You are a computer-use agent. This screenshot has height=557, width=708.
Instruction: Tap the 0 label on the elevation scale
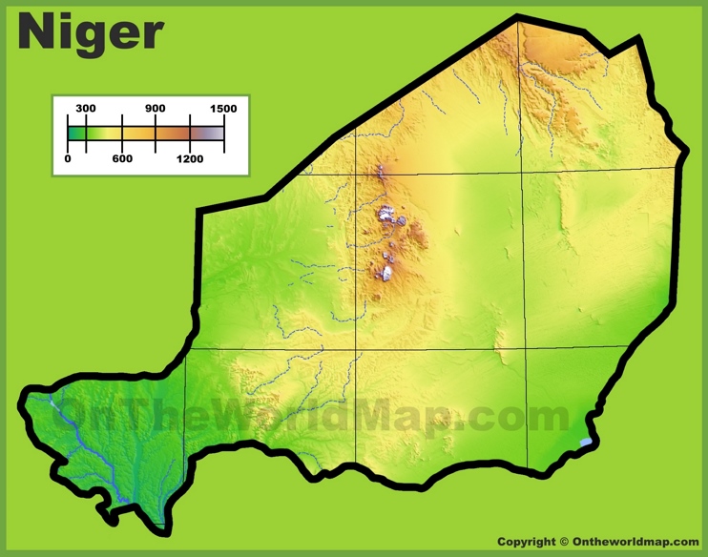coord(68,159)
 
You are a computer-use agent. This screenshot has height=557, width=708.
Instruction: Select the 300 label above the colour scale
coord(86,109)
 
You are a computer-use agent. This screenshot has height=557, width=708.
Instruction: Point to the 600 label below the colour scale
coord(122,159)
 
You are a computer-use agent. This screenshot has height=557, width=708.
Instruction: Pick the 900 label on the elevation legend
coord(156,109)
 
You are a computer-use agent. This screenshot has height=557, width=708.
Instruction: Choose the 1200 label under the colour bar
coord(190,159)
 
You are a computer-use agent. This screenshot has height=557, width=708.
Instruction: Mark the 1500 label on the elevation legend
coord(223,109)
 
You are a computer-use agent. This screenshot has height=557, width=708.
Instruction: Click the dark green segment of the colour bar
coord(76,134)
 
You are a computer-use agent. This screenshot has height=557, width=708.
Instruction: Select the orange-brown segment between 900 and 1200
coord(173,134)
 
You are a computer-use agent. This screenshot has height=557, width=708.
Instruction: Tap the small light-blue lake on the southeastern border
coord(585,443)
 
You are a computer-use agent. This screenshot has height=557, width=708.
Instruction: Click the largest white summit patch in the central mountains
coord(388,216)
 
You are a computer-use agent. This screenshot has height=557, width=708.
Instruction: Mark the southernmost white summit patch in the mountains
coord(386,275)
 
